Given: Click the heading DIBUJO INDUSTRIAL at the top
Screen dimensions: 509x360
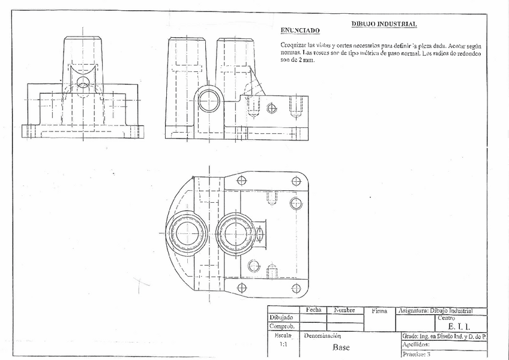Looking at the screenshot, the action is [x=384, y=24].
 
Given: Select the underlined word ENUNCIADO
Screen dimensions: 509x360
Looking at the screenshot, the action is [x=300, y=30].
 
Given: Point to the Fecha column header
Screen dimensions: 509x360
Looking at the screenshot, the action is [x=313, y=310].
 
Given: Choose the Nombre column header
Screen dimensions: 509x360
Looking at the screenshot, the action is [x=349, y=310].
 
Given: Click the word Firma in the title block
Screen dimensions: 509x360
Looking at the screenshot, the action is [x=379, y=311].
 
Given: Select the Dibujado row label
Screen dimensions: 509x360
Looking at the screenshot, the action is [x=281, y=317].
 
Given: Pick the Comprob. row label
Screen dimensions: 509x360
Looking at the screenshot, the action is [x=281, y=326].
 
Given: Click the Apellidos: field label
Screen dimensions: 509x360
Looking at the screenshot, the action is [x=415, y=345].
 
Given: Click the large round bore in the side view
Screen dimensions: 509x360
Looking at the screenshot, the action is [x=208, y=100].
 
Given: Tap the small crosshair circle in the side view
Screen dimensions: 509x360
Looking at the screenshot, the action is [x=271, y=108].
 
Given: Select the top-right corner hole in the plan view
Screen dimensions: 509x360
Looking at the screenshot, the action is [x=296, y=181].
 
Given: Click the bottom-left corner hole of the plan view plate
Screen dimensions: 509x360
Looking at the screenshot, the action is [x=242, y=287].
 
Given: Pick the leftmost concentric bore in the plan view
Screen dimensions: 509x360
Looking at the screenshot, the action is [x=187, y=233].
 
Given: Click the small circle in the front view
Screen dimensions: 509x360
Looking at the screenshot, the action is [x=83, y=81].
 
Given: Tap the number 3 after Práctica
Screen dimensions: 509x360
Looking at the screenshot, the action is [x=429, y=355].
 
